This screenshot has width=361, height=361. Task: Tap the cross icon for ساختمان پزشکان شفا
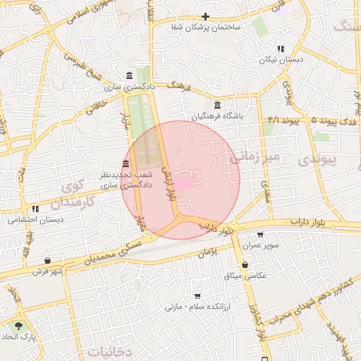pyautogui.click(x=205, y=16)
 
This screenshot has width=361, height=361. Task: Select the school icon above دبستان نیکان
pyautogui.click(x=281, y=49)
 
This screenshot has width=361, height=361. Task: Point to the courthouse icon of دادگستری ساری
pyautogui.click(x=128, y=76)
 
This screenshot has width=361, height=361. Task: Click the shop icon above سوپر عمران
pyautogui.click(x=260, y=235)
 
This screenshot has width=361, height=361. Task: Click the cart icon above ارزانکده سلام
pyautogui.click(x=198, y=295)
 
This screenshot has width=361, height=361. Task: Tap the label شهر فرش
pyautogui.click(x=47, y=271)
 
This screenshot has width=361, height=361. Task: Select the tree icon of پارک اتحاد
pyautogui.click(x=18, y=326)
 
